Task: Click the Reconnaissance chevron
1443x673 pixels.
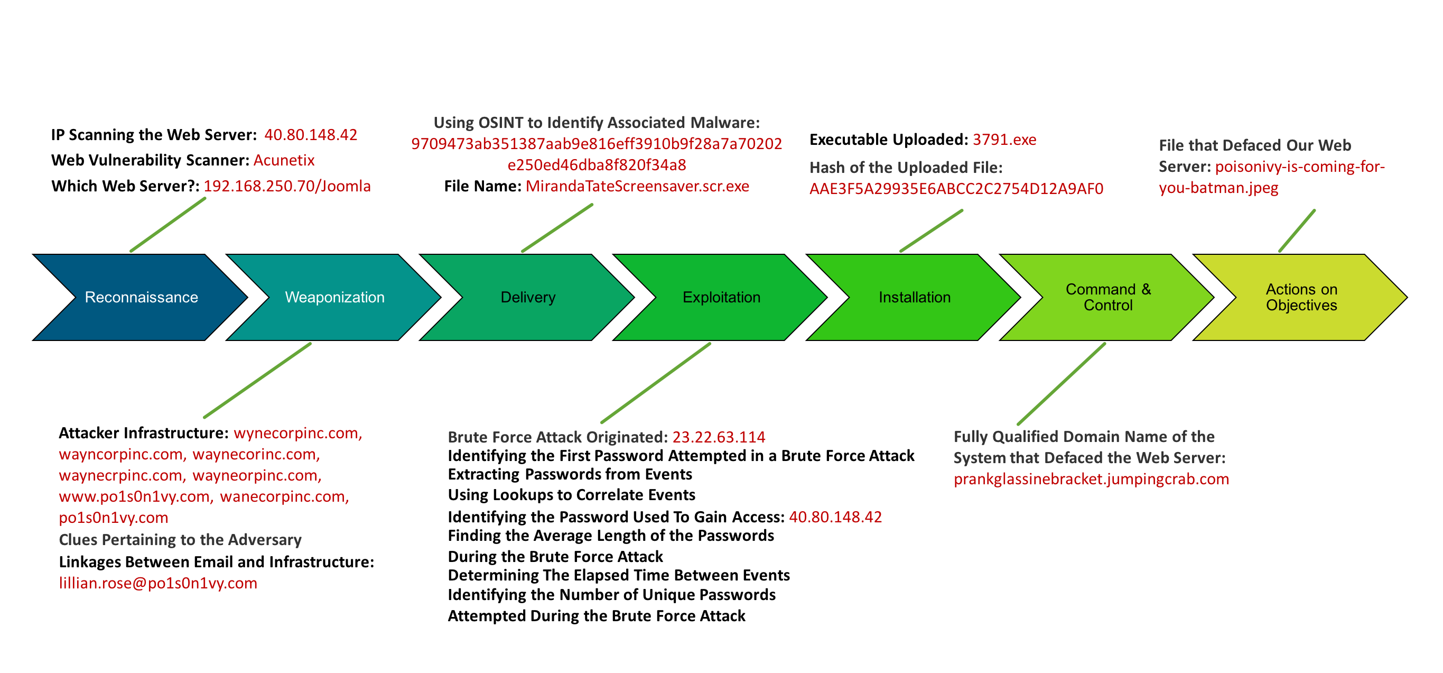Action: (x=141, y=297)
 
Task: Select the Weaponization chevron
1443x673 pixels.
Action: (x=334, y=297)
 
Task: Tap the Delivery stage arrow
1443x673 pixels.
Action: (x=528, y=297)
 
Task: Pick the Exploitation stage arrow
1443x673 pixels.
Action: (x=721, y=297)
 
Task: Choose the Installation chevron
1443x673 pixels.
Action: (x=914, y=297)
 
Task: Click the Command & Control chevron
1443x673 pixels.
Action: (x=1107, y=297)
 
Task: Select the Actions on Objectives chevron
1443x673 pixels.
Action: (x=1301, y=297)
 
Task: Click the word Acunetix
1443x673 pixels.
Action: (x=284, y=160)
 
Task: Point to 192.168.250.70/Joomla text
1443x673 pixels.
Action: (x=287, y=186)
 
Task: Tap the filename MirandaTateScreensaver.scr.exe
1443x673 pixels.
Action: (x=637, y=186)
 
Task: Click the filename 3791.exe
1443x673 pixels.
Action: (x=1004, y=140)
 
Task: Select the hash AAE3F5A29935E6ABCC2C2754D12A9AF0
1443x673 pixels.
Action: (x=956, y=189)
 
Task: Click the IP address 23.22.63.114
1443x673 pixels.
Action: (x=718, y=437)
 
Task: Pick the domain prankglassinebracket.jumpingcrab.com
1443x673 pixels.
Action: (x=1091, y=479)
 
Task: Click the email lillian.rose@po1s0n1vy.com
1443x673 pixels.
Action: (x=158, y=583)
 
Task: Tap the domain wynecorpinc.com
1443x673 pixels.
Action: (x=297, y=433)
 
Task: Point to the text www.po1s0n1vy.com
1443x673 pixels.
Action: (x=134, y=496)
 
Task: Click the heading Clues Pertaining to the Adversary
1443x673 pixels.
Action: (x=180, y=540)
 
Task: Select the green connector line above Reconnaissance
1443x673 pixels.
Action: (x=168, y=225)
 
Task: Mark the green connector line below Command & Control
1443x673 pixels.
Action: (x=1062, y=384)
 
